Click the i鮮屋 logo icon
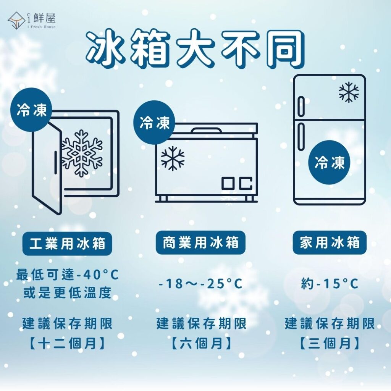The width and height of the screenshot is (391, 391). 16,21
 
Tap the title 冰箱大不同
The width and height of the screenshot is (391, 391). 195,49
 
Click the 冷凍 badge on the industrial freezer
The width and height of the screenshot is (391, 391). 31,110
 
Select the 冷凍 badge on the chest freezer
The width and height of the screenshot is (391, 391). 154,123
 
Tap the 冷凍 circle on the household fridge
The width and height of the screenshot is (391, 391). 330,162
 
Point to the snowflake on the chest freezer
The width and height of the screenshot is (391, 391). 173,158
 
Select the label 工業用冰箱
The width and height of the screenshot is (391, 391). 67,243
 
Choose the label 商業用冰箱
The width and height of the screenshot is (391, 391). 200,242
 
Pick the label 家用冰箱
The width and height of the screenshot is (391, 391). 330,242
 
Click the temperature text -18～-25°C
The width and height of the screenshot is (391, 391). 200,284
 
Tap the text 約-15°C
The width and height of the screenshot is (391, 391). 330,284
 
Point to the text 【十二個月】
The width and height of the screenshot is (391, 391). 67,344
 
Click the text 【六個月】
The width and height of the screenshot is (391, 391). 201,344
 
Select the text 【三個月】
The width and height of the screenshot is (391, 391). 330,344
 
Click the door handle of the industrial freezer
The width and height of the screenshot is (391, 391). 55,162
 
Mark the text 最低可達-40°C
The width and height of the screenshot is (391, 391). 67,275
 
